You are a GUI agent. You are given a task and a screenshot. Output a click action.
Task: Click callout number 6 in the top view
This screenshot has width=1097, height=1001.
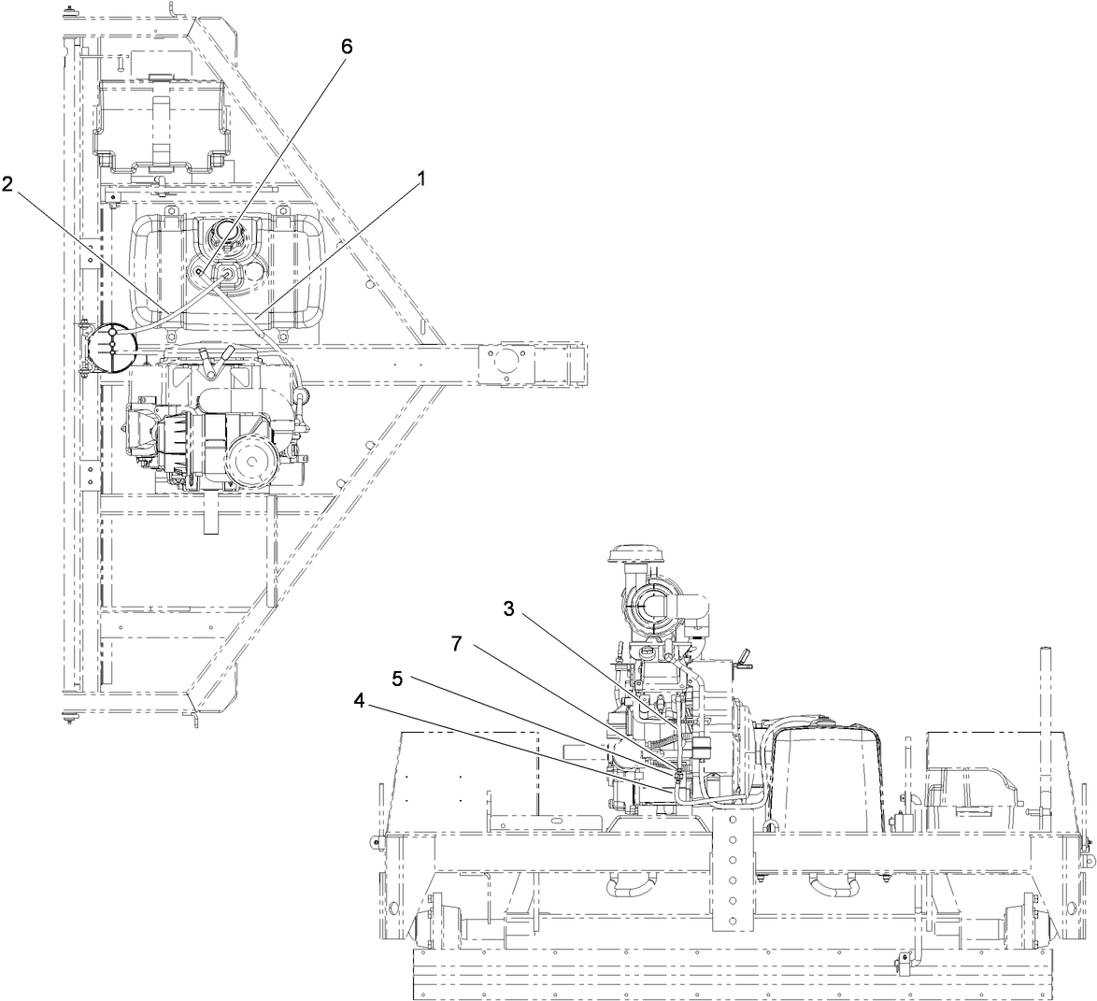click(347, 47)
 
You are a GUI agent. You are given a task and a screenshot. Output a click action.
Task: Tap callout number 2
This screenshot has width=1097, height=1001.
click(7, 185)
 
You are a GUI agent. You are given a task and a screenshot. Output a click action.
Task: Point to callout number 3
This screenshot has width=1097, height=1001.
click(509, 608)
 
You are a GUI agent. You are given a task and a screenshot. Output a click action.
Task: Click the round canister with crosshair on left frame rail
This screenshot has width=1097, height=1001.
click(110, 348)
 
